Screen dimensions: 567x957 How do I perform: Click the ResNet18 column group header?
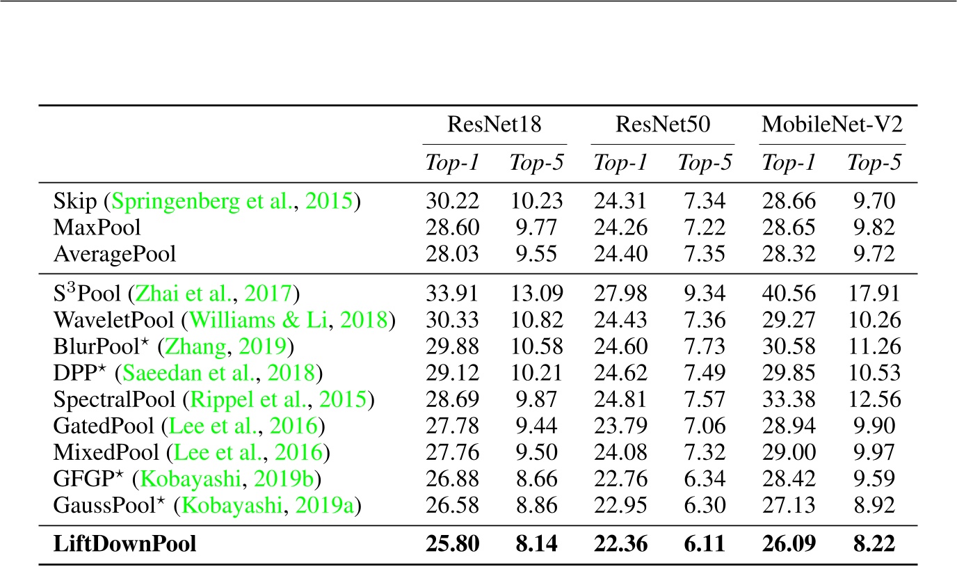point(494,126)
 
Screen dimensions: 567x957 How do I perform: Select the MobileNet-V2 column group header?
point(832,126)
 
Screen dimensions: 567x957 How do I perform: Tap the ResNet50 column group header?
point(662,126)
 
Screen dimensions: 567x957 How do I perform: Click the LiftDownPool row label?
point(124,544)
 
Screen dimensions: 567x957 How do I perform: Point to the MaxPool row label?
point(97,227)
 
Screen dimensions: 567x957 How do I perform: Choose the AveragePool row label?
point(115,254)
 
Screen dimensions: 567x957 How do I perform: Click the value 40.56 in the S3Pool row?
point(789,294)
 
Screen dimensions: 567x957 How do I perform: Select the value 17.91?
point(874,294)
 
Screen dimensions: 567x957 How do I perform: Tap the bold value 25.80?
point(452,544)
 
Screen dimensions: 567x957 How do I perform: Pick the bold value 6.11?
point(705,544)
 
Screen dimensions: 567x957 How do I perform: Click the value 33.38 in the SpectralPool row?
point(789,400)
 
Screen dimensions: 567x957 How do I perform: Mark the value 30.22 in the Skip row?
point(452,201)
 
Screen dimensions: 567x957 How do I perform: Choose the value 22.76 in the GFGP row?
point(620,479)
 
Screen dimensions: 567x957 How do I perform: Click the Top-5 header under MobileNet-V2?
point(874,163)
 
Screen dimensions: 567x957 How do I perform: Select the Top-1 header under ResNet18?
point(452,163)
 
